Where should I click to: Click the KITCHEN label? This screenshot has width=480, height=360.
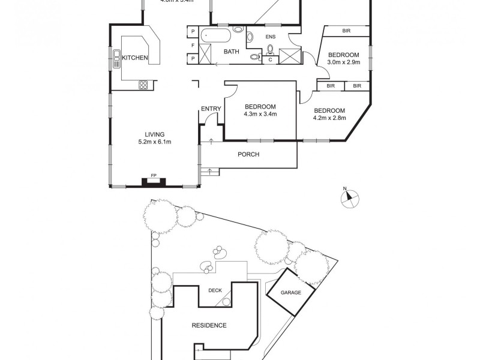pyautogui.click(x=135, y=58)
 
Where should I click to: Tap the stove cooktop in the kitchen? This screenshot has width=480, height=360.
pyautogui.click(x=143, y=85)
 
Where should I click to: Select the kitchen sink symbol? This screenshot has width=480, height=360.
pyautogui.click(x=115, y=58)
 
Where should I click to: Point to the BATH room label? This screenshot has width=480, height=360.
pyautogui.click(x=231, y=52)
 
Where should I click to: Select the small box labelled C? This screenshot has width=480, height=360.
pyautogui.click(x=270, y=59)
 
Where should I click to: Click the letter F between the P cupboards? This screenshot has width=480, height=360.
pyautogui.click(x=193, y=45)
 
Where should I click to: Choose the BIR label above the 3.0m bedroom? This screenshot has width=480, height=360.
pyautogui.click(x=346, y=31)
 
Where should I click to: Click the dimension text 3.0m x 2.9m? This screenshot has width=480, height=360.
pyautogui.click(x=343, y=62)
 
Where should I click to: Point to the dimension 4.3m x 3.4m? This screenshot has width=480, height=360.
pyautogui.click(x=260, y=114)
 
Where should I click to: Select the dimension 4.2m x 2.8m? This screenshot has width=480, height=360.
pyautogui.click(x=329, y=118)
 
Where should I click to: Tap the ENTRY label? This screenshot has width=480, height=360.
pyautogui.click(x=211, y=109)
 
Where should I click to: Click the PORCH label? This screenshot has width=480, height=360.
pyautogui.click(x=249, y=155)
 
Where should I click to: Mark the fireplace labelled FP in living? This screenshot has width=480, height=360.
pyautogui.click(x=154, y=181)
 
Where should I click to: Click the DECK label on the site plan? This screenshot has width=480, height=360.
pyautogui.click(x=215, y=291)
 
